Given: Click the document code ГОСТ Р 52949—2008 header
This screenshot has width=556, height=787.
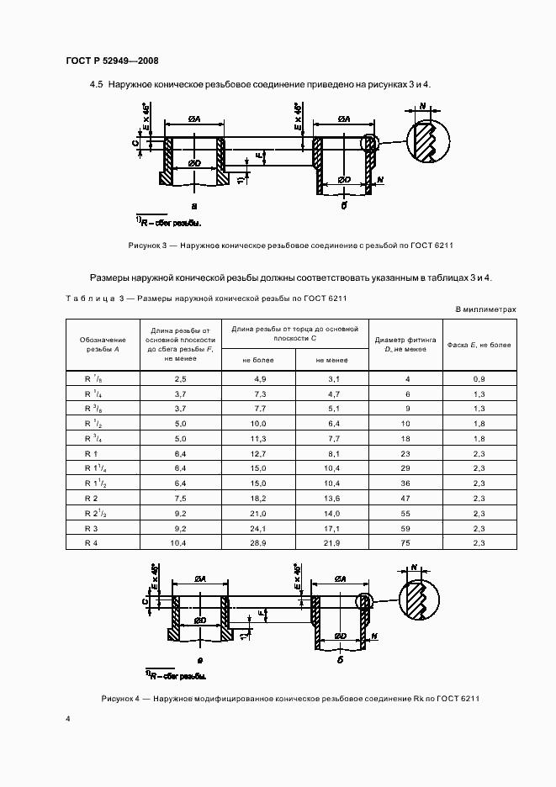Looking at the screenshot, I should [112, 61].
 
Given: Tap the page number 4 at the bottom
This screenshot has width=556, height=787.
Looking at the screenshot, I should [68, 719].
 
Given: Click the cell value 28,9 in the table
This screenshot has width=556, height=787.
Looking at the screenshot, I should [258, 544].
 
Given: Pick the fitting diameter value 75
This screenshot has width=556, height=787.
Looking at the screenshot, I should [407, 544].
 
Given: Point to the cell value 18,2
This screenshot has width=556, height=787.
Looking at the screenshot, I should [258, 499].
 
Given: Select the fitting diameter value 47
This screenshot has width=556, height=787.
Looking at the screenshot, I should [407, 499].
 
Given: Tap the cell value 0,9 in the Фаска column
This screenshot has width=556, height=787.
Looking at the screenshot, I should [479, 379].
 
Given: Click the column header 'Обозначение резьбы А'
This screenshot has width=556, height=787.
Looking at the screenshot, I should [102, 345].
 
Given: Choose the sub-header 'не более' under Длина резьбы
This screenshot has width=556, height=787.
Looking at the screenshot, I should [258, 360].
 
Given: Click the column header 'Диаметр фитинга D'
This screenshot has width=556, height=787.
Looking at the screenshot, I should [407, 344].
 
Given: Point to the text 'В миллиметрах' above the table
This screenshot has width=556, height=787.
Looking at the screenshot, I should [485, 309].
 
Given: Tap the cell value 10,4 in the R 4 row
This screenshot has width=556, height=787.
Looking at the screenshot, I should [180, 544].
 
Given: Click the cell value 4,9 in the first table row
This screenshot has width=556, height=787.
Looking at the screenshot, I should [258, 379].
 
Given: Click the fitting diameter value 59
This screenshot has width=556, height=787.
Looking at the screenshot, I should [407, 529].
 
